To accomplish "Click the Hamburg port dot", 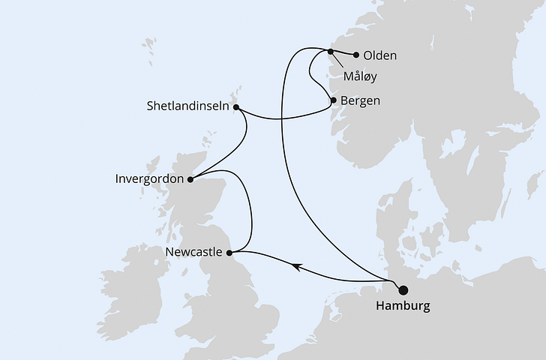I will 403,290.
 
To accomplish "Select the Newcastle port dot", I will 231,252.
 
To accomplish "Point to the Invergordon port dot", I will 190,179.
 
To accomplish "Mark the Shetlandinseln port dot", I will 236,107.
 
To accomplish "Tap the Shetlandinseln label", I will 187,107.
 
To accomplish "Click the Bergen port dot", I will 333,100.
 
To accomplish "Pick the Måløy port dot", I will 331,51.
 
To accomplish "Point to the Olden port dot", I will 355,55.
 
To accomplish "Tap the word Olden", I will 379,55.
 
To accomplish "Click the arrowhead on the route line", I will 297,266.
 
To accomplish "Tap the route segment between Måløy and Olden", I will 343,53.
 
